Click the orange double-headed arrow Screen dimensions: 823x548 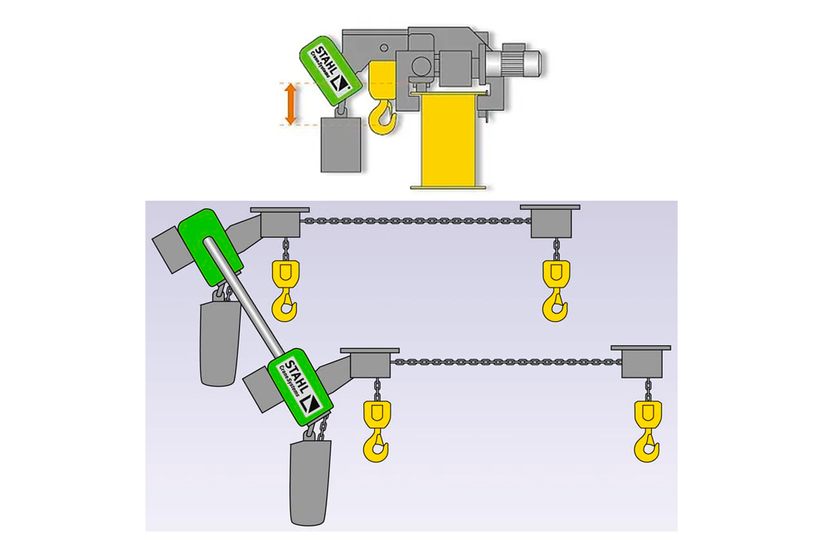click(x=291, y=104)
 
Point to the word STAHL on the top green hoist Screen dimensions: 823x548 click(x=325, y=60)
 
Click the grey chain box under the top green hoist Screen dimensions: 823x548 click(x=341, y=145)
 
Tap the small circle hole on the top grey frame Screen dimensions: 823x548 click(x=384, y=48)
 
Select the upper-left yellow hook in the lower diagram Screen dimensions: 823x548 click(x=285, y=290)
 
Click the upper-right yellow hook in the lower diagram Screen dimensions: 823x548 click(x=556, y=290)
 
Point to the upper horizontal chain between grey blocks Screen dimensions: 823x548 click(x=416, y=221)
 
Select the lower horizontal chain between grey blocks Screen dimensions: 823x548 click(x=505, y=362)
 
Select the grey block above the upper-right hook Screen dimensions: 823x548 click(x=551, y=221)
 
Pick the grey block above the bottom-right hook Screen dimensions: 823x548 click(x=641, y=362)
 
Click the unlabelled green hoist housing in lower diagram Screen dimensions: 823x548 click(x=210, y=247)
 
